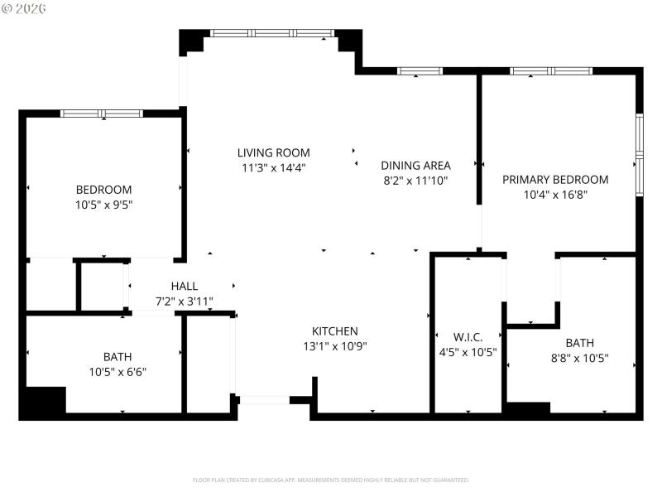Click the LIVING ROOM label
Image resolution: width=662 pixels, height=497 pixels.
point(273,152)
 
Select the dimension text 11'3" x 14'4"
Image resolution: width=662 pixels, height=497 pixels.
point(273,167)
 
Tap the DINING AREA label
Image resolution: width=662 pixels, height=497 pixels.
point(415,165)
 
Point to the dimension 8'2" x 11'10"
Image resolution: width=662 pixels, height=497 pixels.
point(415,180)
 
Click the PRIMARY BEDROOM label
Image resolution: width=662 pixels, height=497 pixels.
point(555,180)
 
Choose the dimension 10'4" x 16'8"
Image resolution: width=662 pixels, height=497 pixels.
point(555,195)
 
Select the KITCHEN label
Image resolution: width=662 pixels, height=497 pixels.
point(334,331)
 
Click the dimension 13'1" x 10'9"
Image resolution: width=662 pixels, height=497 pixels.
point(334,346)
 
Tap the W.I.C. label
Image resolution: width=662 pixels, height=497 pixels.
point(468,336)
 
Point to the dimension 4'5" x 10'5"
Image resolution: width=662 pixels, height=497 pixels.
point(468,351)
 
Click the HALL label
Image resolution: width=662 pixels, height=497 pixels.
point(184,286)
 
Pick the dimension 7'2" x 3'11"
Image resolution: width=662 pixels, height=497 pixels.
point(184,301)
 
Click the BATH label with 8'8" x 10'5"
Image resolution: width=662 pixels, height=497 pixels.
point(579,343)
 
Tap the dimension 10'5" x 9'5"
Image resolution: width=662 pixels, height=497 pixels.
point(103,205)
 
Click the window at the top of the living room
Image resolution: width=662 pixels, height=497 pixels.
point(271,33)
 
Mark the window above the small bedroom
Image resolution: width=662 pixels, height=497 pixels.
point(102,113)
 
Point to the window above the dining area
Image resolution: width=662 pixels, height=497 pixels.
point(420,71)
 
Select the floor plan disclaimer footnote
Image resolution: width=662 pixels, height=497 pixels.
point(331,480)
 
